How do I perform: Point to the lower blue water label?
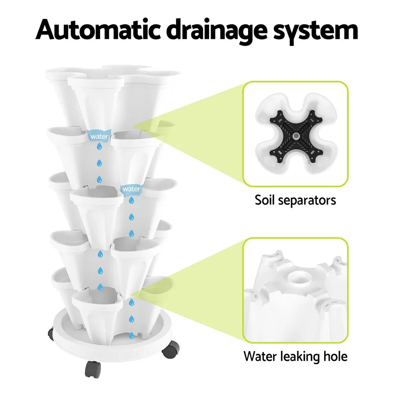(x=131, y=189)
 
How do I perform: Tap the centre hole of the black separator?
(x=296, y=136)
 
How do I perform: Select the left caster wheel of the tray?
(x=51, y=334)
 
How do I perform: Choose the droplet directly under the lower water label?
(x=131, y=200)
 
